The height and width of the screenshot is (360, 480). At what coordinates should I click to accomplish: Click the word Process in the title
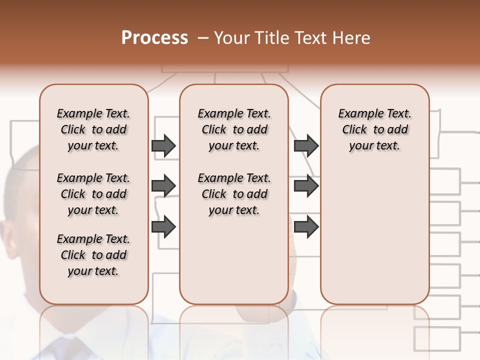(154, 38)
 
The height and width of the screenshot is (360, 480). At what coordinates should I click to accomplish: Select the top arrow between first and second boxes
(163, 145)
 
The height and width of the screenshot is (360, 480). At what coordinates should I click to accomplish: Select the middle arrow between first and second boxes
(163, 186)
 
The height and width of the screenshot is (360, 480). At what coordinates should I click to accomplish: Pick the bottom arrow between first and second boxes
(163, 226)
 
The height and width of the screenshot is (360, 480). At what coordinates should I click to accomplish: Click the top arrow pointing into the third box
(306, 145)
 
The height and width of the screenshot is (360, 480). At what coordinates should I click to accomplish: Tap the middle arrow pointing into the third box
(306, 186)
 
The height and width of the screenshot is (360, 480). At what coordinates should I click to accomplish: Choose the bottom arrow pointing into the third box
(306, 226)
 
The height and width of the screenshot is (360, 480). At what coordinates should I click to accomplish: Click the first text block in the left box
(93, 129)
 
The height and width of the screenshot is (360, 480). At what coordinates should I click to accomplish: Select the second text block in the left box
(93, 194)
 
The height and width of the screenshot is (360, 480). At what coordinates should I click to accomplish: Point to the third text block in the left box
(93, 255)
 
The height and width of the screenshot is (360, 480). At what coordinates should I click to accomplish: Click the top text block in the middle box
(234, 129)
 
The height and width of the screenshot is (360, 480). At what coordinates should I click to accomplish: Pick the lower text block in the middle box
(234, 194)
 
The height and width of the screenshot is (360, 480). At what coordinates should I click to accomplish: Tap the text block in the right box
(374, 129)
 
